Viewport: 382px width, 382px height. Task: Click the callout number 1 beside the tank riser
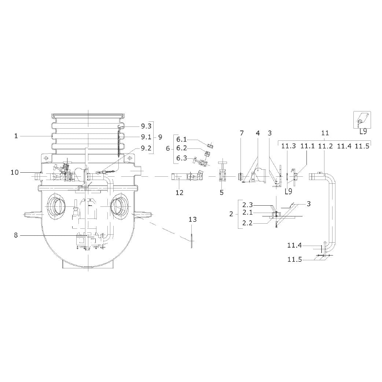coord(16,136)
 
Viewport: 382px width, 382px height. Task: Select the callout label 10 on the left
coord(15,172)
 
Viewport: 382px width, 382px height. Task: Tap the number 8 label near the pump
coord(16,235)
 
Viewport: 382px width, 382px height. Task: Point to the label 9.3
coord(146,126)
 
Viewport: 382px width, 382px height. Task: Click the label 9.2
coord(146,148)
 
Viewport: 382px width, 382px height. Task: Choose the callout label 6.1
coord(181,139)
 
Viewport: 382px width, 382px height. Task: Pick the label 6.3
coord(181,158)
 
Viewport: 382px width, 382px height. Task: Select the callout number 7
coord(242,133)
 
